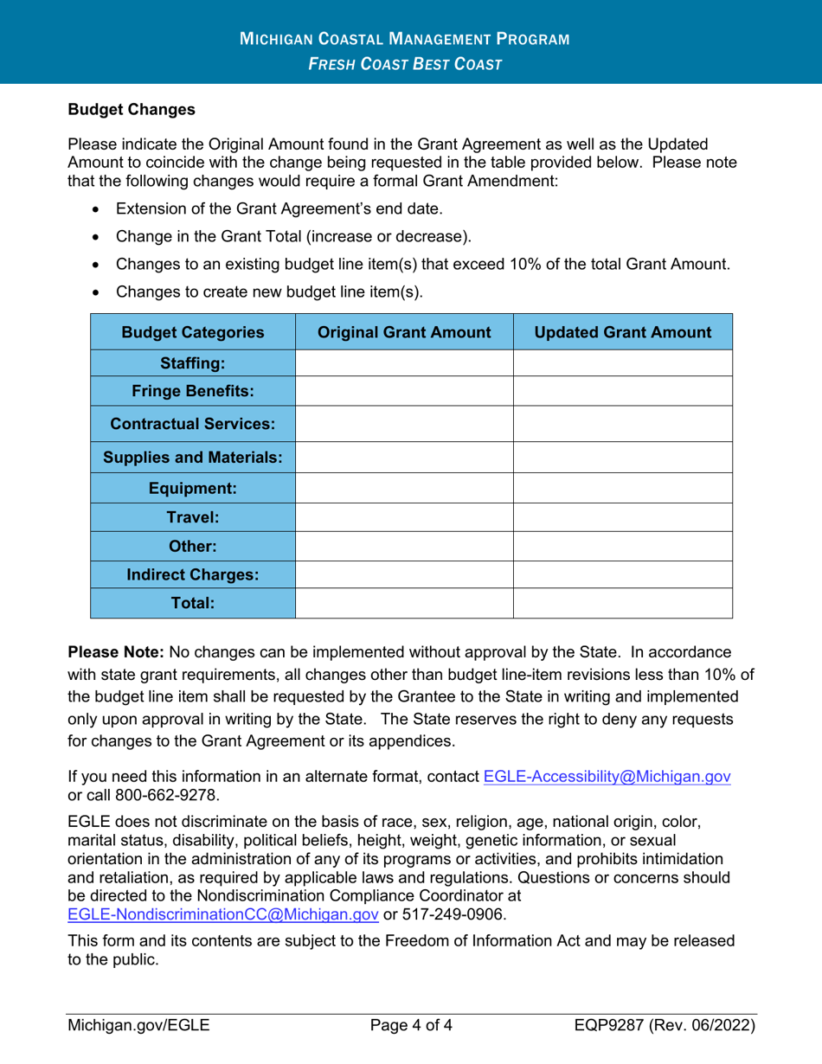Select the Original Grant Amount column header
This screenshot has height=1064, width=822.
[405, 332]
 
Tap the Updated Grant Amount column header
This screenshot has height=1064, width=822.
[623, 332]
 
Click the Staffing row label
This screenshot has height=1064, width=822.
[193, 363]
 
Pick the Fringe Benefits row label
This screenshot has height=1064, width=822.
[193, 391]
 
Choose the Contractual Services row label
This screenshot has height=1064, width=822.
[193, 424]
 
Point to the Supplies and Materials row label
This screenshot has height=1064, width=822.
[193, 457]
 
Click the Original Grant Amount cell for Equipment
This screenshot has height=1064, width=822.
[405, 488]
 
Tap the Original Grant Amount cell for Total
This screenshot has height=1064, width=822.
[405, 603]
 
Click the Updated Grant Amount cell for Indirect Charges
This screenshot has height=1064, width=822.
[623, 574]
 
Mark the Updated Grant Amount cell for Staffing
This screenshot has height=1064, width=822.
[623, 363]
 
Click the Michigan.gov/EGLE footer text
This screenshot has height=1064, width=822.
[138, 1027]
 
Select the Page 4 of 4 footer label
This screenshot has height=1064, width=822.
[411, 1027]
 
